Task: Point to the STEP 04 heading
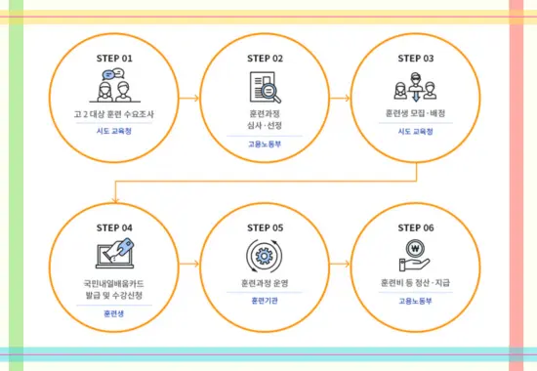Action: pos(114,227)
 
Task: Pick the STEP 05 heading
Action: pos(265,227)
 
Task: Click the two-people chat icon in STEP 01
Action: pos(114,86)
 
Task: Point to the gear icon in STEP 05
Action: pos(265,257)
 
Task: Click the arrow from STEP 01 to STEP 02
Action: pos(189,98)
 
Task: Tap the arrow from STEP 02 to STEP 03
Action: pos(341,98)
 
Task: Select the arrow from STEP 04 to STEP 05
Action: pos(189,266)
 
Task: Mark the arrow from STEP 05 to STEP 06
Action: pos(341,266)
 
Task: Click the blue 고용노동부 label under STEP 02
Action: pos(265,144)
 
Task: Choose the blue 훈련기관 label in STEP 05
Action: pos(265,301)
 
